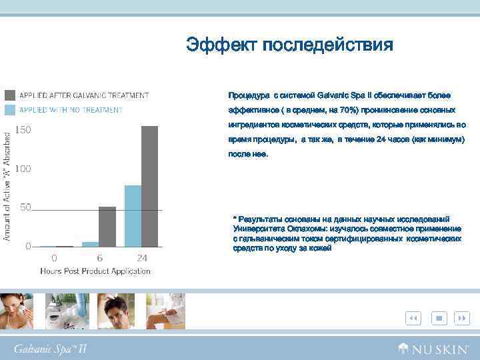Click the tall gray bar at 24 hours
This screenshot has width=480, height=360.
pyautogui.click(x=150, y=186)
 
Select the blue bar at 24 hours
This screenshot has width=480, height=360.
pyautogui.click(x=133, y=215)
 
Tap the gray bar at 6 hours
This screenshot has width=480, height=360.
pyautogui.click(x=107, y=226)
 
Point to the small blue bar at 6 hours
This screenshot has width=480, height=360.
pyautogui.click(x=90, y=243)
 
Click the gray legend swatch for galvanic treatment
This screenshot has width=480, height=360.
pyautogui.click(x=11, y=95)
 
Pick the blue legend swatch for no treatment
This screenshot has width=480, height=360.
pyautogui.click(x=11, y=109)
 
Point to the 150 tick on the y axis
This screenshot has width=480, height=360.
pyautogui.click(x=23, y=131)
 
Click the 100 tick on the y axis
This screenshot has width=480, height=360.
pyautogui.click(x=23, y=169)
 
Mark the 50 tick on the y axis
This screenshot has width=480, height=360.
pyautogui.click(x=25, y=207)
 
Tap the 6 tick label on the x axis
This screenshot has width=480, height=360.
pyautogui.click(x=99, y=258)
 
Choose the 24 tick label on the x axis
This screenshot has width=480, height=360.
pyautogui.click(x=142, y=258)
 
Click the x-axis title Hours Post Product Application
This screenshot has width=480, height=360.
pyautogui.click(x=95, y=271)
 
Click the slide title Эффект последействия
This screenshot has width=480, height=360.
pyautogui.click(x=289, y=45)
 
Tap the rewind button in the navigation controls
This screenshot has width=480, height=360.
pyautogui.click(x=413, y=319)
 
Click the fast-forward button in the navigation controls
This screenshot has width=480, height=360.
pyautogui.click(x=462, y=319)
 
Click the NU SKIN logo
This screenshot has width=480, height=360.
pyautogui.click(x=434, y=347)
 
